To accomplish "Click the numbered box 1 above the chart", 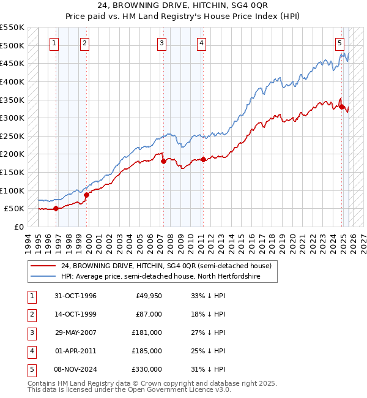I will click(x=55, y=43).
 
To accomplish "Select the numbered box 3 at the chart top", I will click(x=161, y=43).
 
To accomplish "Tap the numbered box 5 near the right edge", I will click(x=339, y=43).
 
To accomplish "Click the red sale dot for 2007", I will click(x=163, y=162).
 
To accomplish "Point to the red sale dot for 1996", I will click(x=56, y=208).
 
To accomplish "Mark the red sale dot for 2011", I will click(x=203, y=160).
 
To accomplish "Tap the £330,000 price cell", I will click(x=147, y=369).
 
